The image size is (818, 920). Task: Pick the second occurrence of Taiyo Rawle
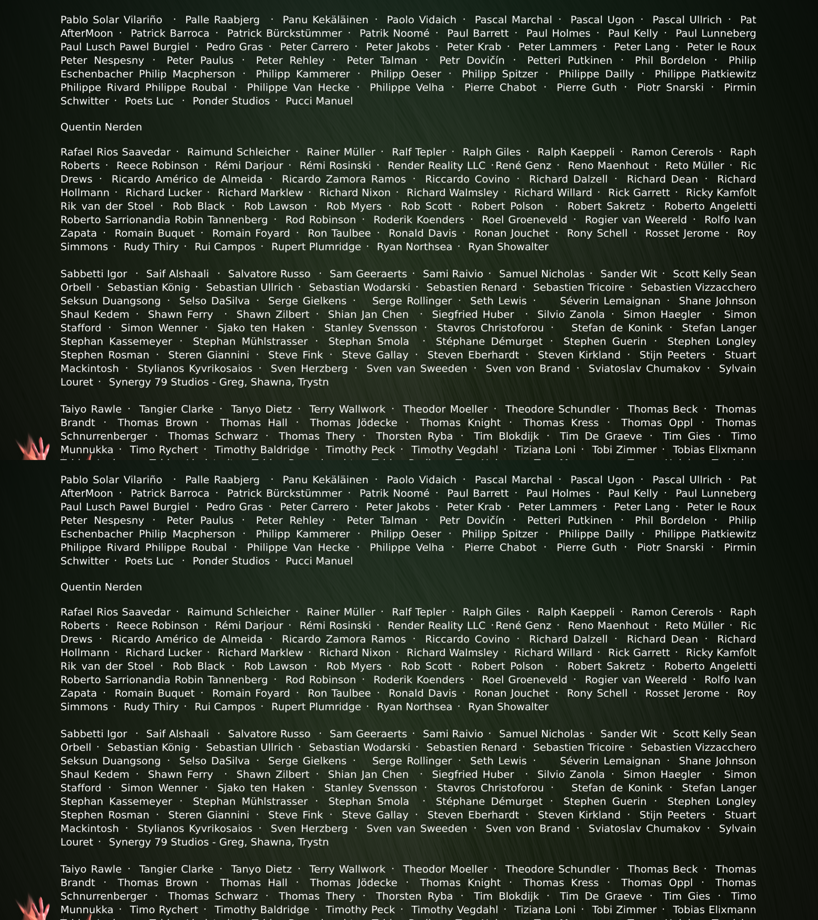click(91, 869)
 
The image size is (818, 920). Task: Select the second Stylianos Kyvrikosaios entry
click(194, 829)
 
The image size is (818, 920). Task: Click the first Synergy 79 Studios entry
click(218, 382)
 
